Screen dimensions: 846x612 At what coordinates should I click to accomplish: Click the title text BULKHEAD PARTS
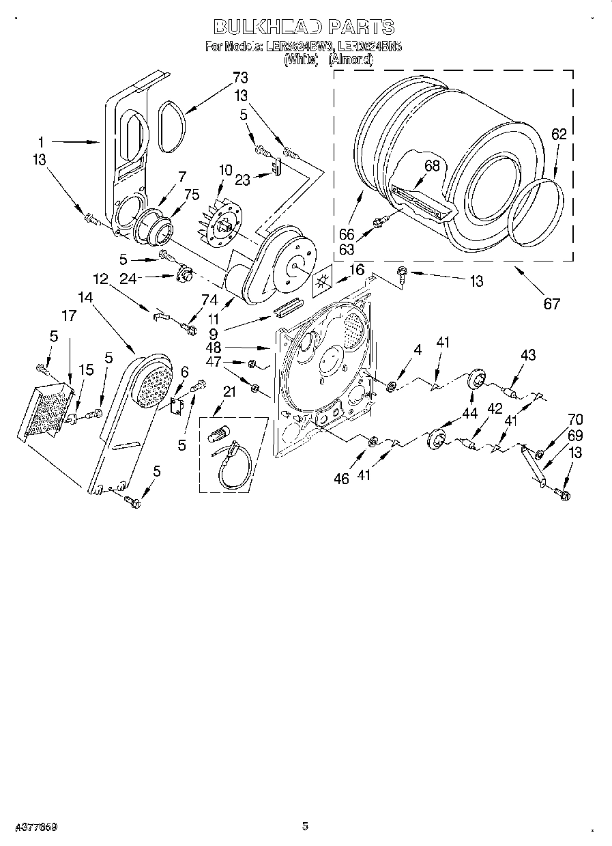click(x=304, y=27)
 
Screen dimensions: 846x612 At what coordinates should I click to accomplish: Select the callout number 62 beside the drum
click(x=559, y=135)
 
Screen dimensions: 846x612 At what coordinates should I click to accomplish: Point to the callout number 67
click(x=551, y=303)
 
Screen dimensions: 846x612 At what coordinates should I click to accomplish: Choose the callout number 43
click(x=528, y=355)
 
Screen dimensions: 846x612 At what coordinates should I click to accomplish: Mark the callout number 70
click(x=576, y=421)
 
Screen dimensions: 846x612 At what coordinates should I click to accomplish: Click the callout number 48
click(x=214, y=347)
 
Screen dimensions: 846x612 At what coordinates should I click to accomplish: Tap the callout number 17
click(x=69, y=317)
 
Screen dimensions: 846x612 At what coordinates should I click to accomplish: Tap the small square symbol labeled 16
click(x=321, y=281)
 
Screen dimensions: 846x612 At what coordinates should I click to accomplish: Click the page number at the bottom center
click(x=305, y=826)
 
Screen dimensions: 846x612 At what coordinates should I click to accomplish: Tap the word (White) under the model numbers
click(x=301, y=60)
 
